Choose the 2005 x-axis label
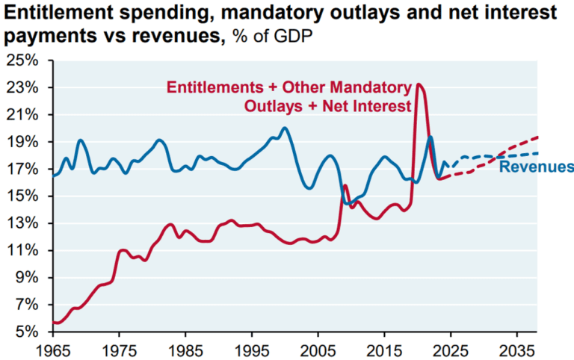pyautogui.click(x=318, y=350)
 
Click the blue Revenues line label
pyautogui.click(x=536, y=167)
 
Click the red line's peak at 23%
pyautogui.click(x=419, y=84)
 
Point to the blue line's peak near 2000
pyautogui.click(x=284, y=128)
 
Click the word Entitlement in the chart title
pyautogui.click(x=49, y=13)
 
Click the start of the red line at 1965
pyautogui.click(x=53, y=323)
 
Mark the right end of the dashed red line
pyautogui.click(x=537, y=137)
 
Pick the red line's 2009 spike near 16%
pyautogui.click(x=345, y=185)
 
